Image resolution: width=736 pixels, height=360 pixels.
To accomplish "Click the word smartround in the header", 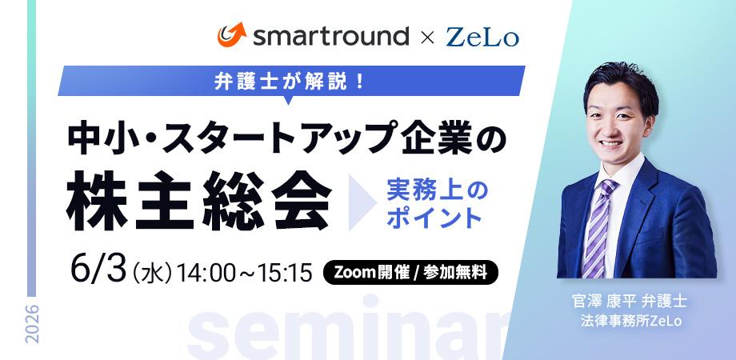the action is point(331,36).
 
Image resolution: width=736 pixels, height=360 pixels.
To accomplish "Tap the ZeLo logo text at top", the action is point(482,37).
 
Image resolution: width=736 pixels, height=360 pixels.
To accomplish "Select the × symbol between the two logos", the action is point(427,38).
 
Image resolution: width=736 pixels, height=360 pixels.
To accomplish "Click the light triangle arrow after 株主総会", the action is point(362,202).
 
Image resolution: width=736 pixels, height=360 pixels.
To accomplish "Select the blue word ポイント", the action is point(434,218).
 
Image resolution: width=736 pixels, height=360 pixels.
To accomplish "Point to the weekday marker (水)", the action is point(152,273).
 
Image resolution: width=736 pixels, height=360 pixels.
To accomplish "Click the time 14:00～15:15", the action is point(245,273).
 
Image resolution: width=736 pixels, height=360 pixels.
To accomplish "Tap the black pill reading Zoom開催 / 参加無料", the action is point(410,273).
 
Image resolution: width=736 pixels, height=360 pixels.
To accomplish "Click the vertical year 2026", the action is point(32,323).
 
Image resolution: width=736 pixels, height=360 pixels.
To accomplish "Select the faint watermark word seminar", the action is point(348,329).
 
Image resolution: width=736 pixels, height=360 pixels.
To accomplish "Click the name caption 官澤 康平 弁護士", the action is point(630,301).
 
